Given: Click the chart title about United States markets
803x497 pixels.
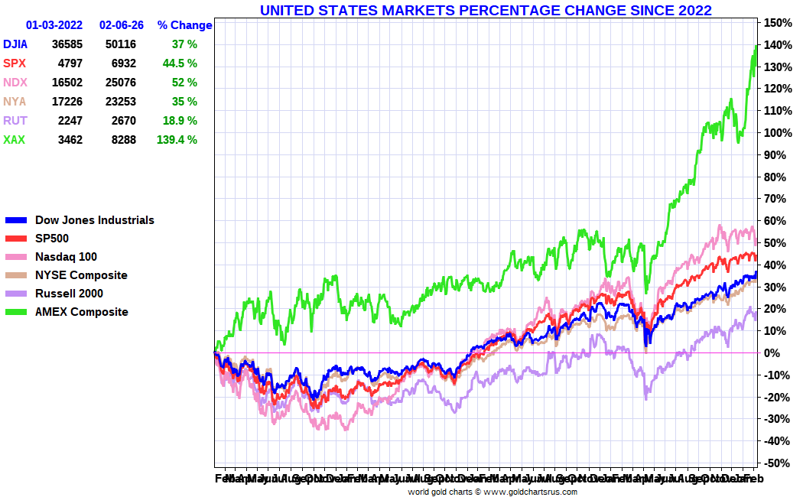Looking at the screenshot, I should click(486, 10).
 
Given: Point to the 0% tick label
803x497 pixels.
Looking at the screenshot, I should click(772, 353).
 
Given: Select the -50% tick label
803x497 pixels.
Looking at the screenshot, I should click(775, 463).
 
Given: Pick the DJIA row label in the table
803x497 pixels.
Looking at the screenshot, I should click(15, 44).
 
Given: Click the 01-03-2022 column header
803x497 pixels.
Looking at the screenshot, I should click(54, 25).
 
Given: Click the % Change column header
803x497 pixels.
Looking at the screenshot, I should click(184, 25).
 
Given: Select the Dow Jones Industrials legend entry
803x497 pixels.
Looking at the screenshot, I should click(94, 220).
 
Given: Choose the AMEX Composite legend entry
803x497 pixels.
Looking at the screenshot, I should click(81, 312).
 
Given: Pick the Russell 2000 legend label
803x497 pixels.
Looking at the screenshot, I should click(69, 294).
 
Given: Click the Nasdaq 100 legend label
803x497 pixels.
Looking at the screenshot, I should click(66, 257).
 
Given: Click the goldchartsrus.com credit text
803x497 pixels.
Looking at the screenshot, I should click(492, 492).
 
